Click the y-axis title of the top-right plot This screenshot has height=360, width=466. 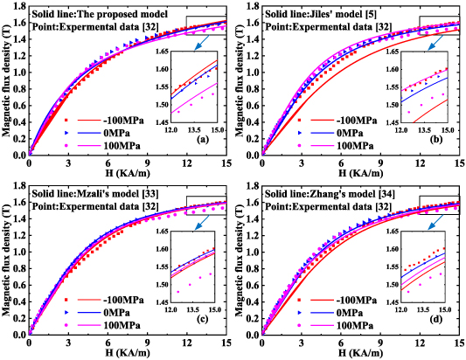(x=241, y=82)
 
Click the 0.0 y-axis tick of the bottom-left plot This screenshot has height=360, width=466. (x=20, y=332)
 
